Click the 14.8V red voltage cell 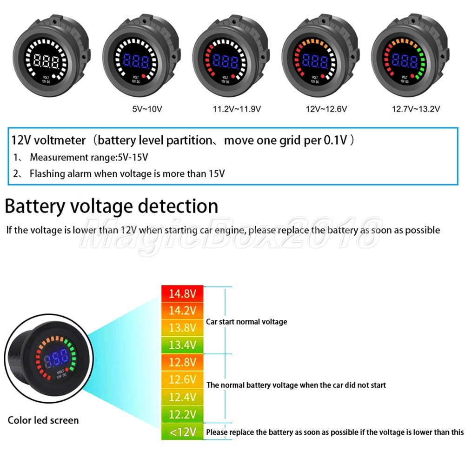(x=182, y=293)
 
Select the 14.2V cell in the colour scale (x=182, y=310)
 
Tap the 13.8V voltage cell (x=182, y=327)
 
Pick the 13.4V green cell (x=182, y=344)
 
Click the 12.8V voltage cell (x=182, y=362)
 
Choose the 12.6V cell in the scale (x=182, y=379)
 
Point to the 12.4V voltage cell (x=182, y=397)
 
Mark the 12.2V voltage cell (x=182, y=414)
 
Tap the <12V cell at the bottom (x=182, y=432)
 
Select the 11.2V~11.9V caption (x=236, y=109)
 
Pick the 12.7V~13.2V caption (x=416, y=109)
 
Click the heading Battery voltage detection (x=111, y=206)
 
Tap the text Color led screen (x=43, y=420)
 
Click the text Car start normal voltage (x=246, y=322)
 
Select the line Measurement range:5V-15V (x=88, y=157)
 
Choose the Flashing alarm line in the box (x=127, y=174)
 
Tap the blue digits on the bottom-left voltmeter (x=56, y=357)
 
